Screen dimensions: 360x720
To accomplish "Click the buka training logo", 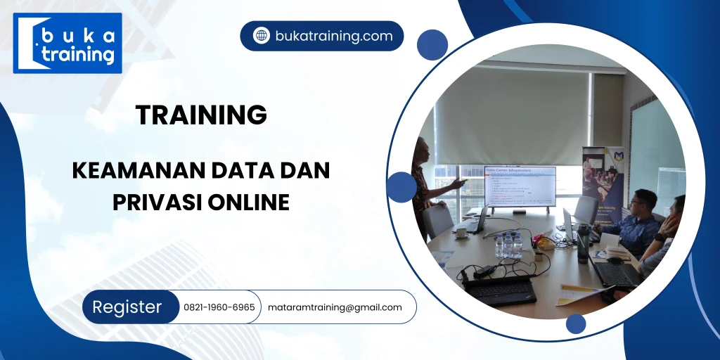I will coord(67,43).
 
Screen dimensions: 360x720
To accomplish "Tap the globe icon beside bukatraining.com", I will coord(262,36).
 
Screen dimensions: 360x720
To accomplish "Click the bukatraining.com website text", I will coord(334,36).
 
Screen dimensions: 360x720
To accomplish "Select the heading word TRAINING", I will coord(201,115).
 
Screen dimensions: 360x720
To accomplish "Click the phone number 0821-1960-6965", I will coord(219,307).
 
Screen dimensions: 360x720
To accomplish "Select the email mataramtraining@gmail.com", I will coord(335,307).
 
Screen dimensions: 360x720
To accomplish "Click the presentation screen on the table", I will coord(520,186).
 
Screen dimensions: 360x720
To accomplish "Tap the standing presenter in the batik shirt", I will coord(425,186).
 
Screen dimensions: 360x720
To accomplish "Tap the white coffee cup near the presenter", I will coord(461,233).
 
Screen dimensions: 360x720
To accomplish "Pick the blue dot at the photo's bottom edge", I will coord(576,323).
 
